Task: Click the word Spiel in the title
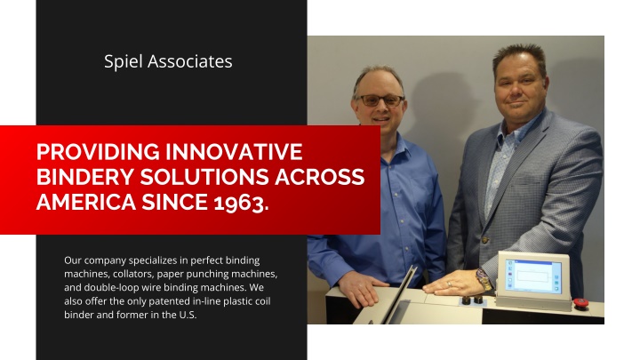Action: [124, 62]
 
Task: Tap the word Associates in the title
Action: [190, 61]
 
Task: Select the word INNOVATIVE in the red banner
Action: [234, 152]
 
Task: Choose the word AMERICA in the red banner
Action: [86, 202]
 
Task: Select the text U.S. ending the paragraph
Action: [188, 315]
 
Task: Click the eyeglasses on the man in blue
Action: [381, 100]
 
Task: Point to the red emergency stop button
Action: [580, 303]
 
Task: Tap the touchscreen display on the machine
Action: [533, 276]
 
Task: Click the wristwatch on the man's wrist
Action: [484, 279]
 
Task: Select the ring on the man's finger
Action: [450, 284]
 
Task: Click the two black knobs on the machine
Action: [472, 300]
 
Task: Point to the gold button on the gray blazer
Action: [485, 240]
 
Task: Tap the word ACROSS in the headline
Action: [320, 177]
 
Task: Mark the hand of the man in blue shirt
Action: [360, 287]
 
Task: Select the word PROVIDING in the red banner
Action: [98, 152]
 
